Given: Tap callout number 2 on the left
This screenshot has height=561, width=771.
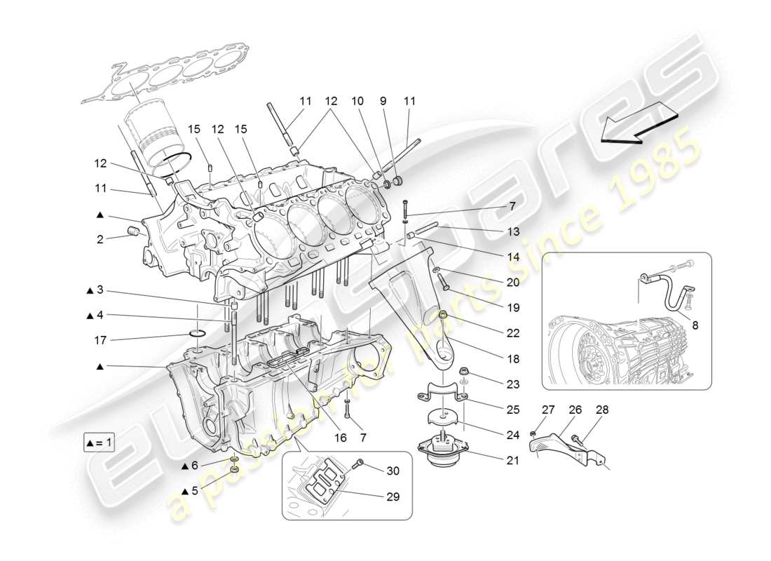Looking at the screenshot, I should pos(101,239).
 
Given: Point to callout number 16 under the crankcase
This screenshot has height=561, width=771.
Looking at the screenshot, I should pos(341,438).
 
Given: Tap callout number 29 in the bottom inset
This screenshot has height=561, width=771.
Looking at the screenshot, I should pos(392,496).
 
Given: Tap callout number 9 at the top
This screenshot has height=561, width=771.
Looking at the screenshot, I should pos(383,102).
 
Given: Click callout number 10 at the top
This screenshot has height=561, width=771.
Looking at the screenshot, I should pos(358,102).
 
